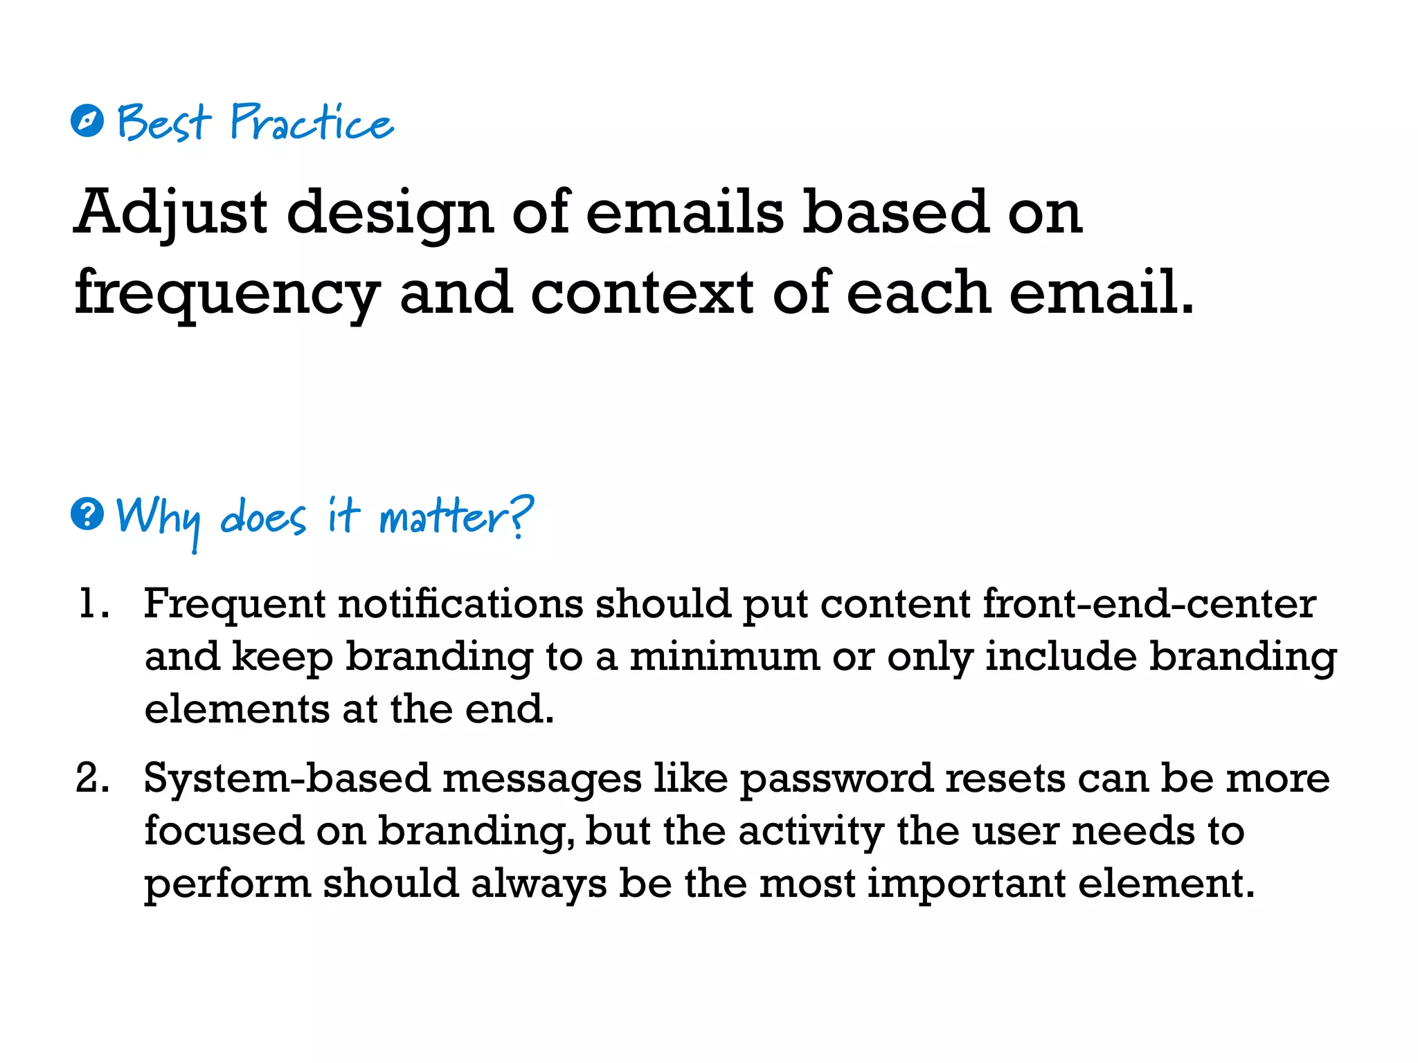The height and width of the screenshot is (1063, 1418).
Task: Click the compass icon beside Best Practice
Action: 87,121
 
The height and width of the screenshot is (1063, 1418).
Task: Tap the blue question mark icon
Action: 87,514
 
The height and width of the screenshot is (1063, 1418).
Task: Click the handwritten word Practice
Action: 312,122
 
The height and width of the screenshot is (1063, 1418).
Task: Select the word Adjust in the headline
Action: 170,212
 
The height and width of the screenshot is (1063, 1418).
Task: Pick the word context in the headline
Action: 642,292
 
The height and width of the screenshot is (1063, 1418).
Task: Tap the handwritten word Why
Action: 159,518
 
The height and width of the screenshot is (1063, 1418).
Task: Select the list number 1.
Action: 91,603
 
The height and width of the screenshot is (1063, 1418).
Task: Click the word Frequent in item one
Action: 235,604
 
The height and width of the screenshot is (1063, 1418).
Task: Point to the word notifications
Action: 460,603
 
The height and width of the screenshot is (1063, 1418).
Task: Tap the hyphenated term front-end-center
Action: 1149,603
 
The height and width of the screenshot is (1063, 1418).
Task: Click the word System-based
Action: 287,779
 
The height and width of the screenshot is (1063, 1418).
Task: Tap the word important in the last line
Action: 967,884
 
